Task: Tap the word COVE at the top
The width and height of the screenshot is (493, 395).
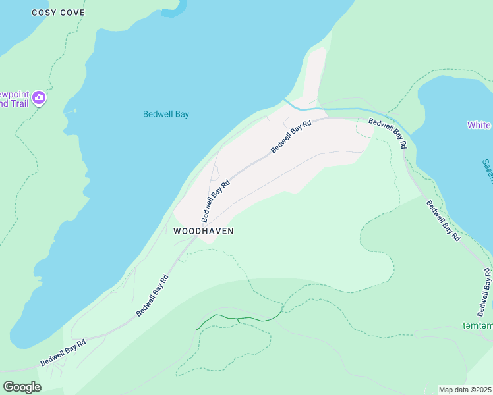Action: (72, 13)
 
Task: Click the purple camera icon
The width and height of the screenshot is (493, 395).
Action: (39, 98)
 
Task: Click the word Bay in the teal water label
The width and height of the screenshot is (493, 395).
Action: (181, 114)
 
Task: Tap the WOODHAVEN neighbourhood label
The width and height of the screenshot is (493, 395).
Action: (204, 231)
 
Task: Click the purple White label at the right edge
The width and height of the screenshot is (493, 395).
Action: (479, 125)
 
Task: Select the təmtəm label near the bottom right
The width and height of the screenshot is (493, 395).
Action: (477, 325)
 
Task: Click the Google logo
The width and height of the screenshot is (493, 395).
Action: (22, 386)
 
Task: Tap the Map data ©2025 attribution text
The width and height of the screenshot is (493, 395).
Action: (465, 390)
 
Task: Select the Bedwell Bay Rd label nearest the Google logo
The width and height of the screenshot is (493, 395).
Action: (63, 353)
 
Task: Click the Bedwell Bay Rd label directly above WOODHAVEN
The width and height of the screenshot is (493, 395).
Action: (216, 201)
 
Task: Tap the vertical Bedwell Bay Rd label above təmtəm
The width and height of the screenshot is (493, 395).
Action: (484, 292)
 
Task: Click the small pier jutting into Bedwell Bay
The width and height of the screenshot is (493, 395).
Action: (69, 111)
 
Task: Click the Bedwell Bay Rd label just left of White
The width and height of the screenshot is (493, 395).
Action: (388, 132)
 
